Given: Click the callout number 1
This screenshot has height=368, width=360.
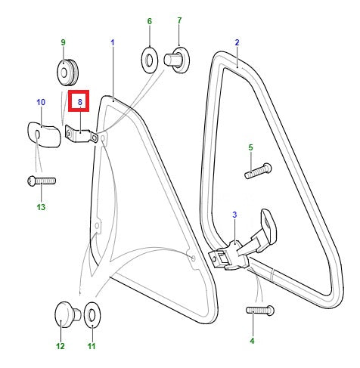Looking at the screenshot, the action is coord(113,42).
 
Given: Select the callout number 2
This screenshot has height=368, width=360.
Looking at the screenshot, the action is coord(237,42).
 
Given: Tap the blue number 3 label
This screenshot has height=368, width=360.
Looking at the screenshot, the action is coord(234,215).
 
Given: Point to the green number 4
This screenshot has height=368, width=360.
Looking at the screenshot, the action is coord(252,341).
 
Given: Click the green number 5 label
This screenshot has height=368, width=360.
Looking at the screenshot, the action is coord(250,147).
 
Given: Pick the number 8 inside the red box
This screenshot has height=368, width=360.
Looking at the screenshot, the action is coord(80,102).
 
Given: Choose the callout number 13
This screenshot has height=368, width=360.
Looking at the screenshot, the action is coord(41,207).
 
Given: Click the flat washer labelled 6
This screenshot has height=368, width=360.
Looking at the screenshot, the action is coord(150,60).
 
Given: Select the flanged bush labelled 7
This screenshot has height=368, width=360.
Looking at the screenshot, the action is coord(176,60).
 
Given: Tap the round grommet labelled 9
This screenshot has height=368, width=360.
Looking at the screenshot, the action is coord(67,73).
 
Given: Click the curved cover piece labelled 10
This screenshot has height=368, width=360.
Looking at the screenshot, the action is coord(44,135).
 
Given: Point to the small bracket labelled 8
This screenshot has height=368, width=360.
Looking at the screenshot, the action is coord(81,135).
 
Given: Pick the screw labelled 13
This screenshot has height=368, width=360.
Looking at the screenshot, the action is coord(42,181).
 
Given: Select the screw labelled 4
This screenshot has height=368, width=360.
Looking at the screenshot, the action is coord(260,310).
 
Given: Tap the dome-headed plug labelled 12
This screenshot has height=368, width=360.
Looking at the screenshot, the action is coord(67,315).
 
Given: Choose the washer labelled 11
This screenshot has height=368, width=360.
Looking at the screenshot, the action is coord(92,315).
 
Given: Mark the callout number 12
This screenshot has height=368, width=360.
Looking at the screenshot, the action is coord(61,346).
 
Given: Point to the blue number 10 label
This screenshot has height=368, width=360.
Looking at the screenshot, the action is coord(41,102).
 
